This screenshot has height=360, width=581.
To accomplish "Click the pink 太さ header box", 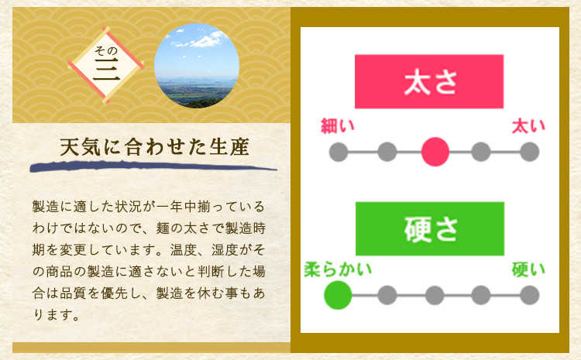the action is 429,81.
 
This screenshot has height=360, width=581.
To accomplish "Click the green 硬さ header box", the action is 430,228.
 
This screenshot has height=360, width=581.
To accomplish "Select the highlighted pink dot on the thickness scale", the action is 435,152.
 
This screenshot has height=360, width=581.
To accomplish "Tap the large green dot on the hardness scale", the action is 338,295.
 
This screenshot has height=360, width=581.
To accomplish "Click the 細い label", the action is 338,126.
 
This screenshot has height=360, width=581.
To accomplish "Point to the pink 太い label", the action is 529,126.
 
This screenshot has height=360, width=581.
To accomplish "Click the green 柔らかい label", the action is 338,269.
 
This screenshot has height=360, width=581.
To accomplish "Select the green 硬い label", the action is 529,269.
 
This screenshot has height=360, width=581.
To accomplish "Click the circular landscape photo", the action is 197,66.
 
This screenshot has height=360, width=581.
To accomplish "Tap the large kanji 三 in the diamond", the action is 106,70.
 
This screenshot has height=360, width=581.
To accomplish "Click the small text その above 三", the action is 105,50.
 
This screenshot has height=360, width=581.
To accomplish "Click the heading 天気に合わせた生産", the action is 154,147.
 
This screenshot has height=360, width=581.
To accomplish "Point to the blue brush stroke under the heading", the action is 153,166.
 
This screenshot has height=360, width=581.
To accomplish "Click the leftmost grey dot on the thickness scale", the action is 339,152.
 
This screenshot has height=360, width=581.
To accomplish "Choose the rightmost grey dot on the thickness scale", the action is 530,152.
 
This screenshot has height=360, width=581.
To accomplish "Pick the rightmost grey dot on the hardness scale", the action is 530,295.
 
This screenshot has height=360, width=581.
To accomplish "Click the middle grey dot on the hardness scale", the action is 435,295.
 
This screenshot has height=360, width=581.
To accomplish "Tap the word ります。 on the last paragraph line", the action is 57,315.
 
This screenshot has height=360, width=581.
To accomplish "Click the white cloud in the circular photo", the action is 205,40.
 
